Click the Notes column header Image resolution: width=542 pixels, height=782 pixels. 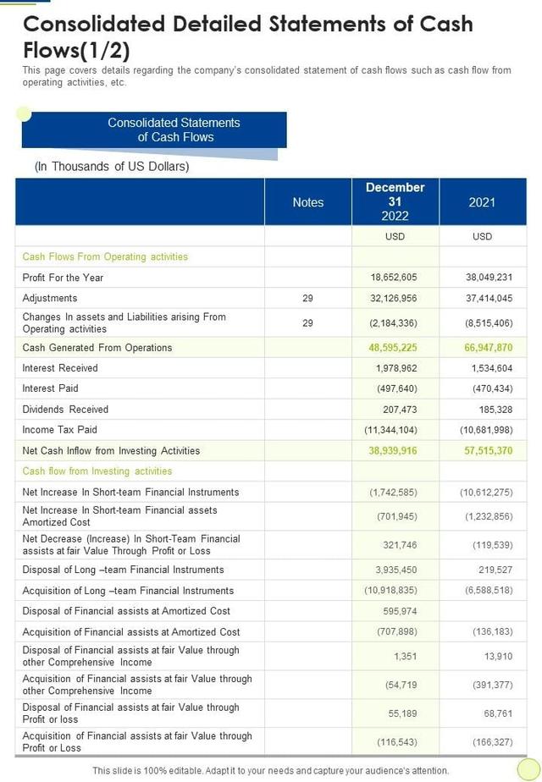click(x=308, y=202)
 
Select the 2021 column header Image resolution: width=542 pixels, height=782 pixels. click(x=482, y=202)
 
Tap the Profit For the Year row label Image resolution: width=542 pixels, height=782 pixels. click(x=63, y=278)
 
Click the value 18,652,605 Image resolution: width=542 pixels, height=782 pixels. click(x=394, y=278)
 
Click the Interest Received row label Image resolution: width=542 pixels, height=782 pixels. click(x=60, y=368)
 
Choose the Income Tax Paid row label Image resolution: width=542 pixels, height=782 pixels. click(x=60, y=430)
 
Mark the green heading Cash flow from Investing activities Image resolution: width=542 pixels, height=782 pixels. click(x=97, y=471)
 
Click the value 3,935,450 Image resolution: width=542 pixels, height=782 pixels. click(x=395, y=570)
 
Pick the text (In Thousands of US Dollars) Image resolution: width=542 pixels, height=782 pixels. click(x=112, y=167)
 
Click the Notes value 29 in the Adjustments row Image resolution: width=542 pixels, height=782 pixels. click(x=307, y=298)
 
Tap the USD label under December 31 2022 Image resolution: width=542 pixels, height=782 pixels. click(x=395, y=237)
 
